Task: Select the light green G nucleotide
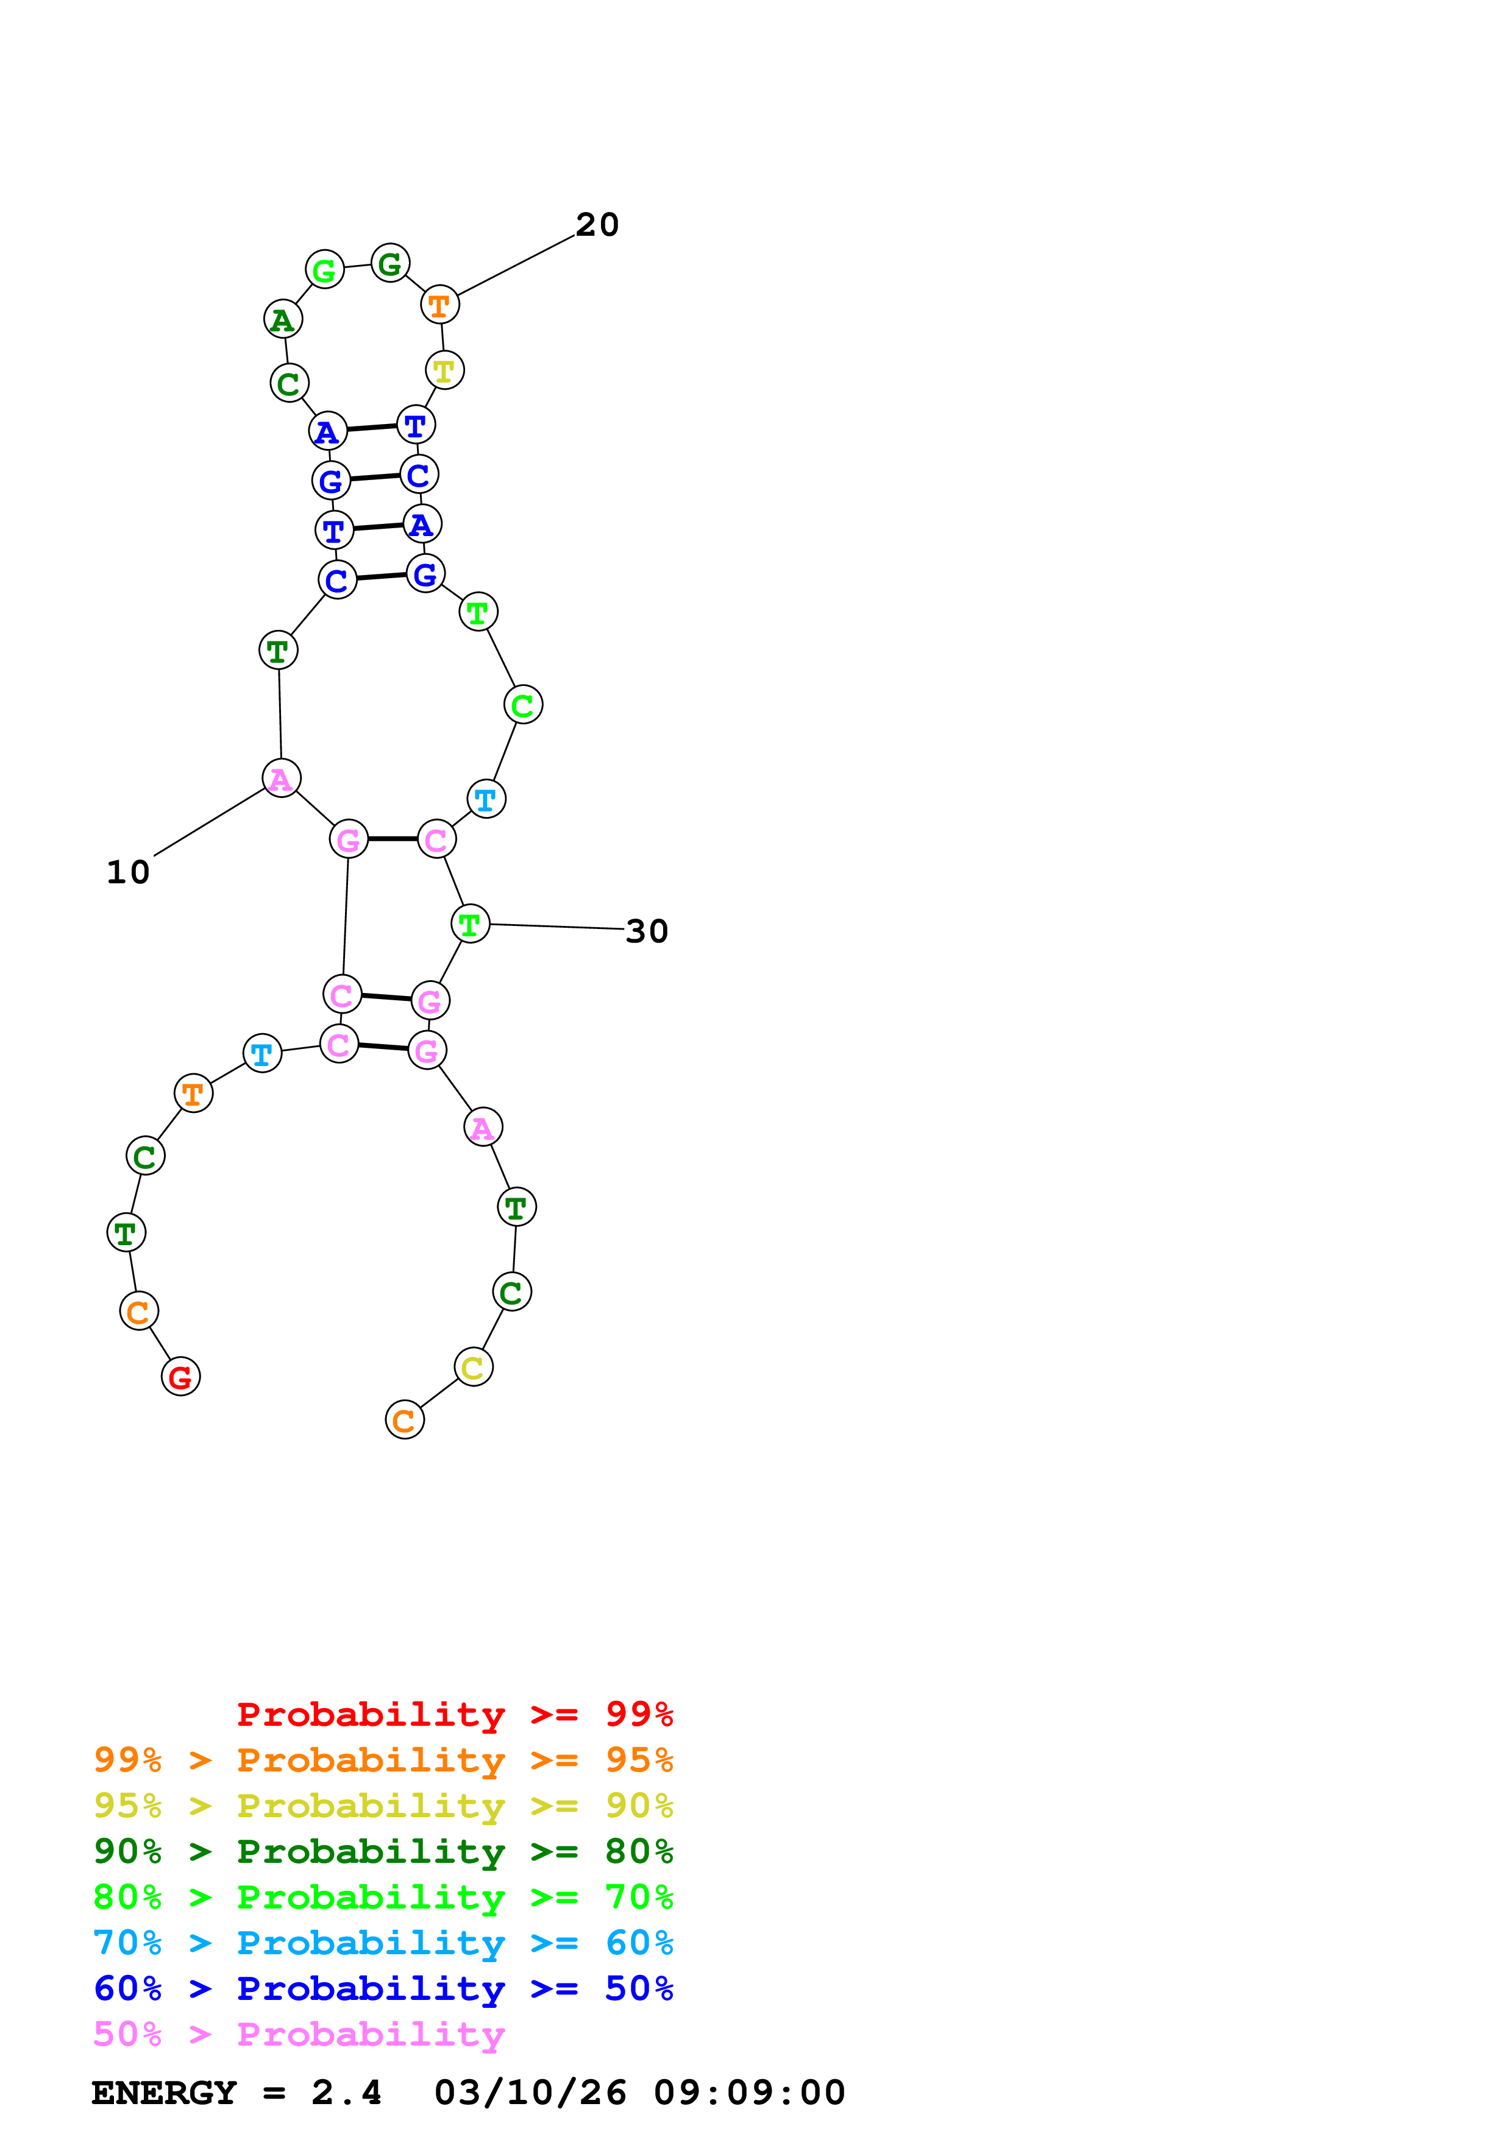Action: point(325,270)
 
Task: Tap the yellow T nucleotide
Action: point(445,370)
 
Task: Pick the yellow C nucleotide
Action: point(474,1367)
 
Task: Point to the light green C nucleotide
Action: point(523,705)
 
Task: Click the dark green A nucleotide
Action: point(283,319)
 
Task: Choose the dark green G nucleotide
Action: point(390,263)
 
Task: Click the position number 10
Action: point(129,872)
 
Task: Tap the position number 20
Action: point(597,224)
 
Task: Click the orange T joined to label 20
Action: point(440,305)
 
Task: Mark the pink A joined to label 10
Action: point(281,778)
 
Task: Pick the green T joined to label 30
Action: point(470,924)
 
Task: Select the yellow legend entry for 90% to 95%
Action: point(383,1805)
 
